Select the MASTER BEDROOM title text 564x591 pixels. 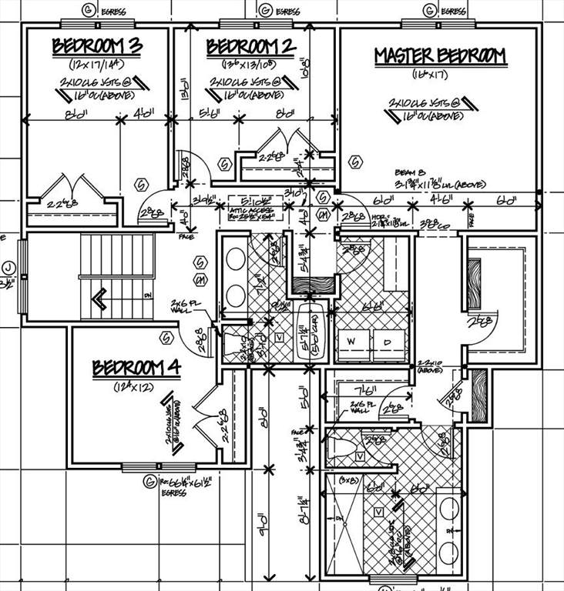[x=440, y=56]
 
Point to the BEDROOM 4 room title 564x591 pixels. [x=136, y=369]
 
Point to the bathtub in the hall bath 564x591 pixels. [x=311, y=337]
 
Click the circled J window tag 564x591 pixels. [x=7, y=269]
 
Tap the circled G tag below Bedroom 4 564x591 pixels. [x=146, y=482]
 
